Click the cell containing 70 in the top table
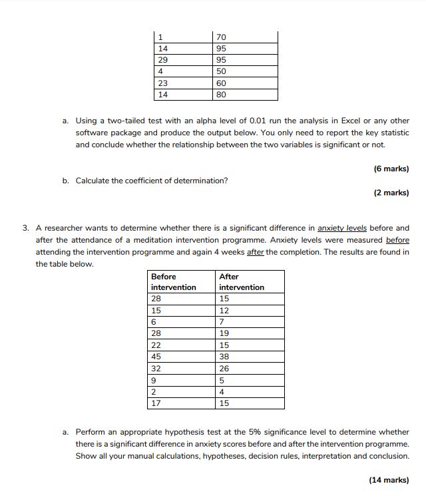point(244,37)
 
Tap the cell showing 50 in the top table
point(244,71)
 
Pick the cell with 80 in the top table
point(244,95)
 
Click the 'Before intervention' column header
point(181,281)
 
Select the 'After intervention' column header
point(250,281)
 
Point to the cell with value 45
point(181,357)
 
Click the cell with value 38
point(250,357)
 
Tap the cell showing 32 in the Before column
point(181,368)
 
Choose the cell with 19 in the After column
point(250,333)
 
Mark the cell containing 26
point(250,368)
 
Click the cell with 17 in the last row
point(181,403)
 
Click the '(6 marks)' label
point(391,169)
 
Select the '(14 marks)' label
point(389,479)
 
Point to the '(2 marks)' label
point(391,193)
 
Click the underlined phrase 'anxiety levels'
point(342,228)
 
